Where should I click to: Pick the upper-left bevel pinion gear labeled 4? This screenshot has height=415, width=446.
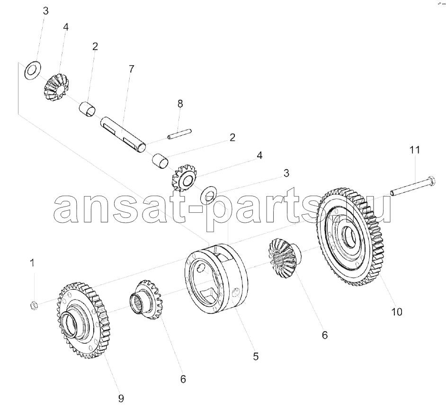[57, 87]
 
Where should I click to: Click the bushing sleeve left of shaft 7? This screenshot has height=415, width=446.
[87, 110]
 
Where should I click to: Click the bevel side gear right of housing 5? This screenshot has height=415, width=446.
[283, 257]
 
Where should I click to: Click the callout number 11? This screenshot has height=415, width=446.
[414, 150]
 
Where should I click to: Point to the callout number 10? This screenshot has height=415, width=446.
[397, 312]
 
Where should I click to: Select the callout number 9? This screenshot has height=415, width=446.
[121, 399]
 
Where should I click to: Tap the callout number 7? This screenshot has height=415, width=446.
[131, 69]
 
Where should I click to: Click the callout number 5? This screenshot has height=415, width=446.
[256, 356]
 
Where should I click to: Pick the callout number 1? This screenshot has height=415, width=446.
[32, 263]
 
